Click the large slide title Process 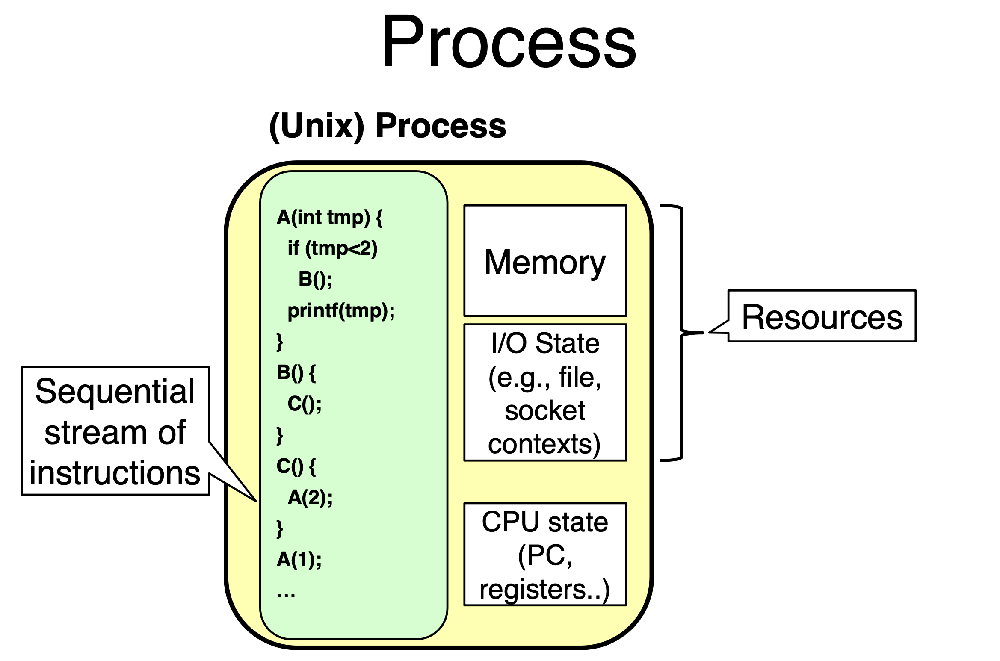(x=509, y=42)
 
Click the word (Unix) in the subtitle (x=317, y=126)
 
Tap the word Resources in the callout (x=822, y=317)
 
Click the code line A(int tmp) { (x=329, y=217)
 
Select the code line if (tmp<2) (x=332, y=248)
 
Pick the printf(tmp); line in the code (x=341, y=311)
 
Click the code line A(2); (x=310, y=497)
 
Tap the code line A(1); (x=299, y=559)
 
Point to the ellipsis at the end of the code (x=286, y=594)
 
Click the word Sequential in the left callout (x=115, y=391)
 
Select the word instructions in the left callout (x=115, y=473)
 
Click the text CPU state (x=545, y=522)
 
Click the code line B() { (x=296, y=373)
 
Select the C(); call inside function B (x=305, y=404)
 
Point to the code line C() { (x=296, y=466)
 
